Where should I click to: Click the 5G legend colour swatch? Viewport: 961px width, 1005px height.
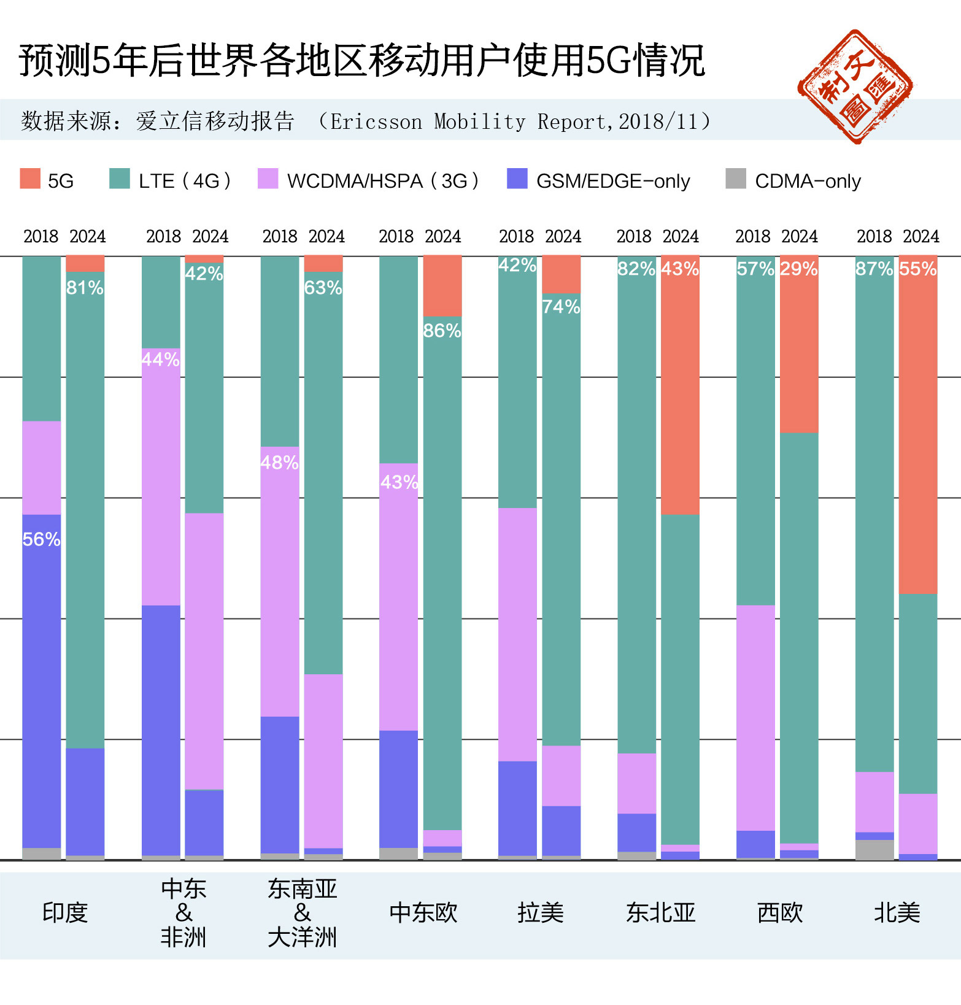(30, 179)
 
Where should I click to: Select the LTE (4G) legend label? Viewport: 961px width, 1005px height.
(184, 181)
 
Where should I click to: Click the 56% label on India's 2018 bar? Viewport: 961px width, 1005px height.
(41, 539)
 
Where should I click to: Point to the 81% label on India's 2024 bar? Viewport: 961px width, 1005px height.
(85, 287)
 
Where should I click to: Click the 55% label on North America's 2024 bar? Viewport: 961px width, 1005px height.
(917, 269)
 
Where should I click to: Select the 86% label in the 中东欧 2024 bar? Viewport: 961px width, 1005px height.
(442, 331)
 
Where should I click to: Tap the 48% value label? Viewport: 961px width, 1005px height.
(279, 463)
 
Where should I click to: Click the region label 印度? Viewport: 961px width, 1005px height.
(65, 912)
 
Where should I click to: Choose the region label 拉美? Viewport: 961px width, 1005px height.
(540, 912)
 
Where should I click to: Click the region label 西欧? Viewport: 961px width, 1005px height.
(779, 912)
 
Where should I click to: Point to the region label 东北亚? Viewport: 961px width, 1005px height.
(660, 912)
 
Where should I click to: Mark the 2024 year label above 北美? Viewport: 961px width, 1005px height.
(920, 236)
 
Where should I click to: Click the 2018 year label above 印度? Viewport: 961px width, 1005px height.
(41, 236)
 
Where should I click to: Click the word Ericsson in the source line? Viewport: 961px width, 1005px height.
(376, 121)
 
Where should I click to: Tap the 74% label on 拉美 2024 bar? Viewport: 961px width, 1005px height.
(561, 307)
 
